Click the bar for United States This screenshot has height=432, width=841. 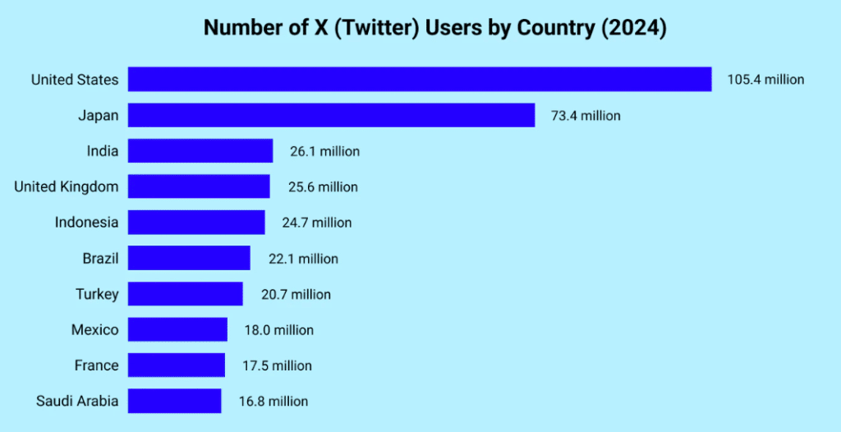(x=420, y=80)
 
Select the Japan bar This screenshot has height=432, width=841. (x=332, y=116)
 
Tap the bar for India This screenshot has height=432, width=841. (x=200, y=151)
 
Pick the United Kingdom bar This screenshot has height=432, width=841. (x=199, y=186)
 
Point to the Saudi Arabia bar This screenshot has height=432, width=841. (x=175, y=401)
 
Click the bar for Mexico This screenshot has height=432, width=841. (x=178, y=329)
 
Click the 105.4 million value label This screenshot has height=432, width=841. (x=765, y=80)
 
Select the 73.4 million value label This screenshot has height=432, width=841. (x=586, y=116)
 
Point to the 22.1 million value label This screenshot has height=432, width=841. (x=303, y=259)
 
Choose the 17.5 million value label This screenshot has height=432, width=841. (x=278, y=365)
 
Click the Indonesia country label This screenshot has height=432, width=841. (x=86, y=223)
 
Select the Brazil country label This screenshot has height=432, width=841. (x=100, y=259)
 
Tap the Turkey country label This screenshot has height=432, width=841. (x=97, y=294)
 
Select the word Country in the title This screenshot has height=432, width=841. (x=553, y=28)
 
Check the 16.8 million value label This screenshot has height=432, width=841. (x=273, y=401)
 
